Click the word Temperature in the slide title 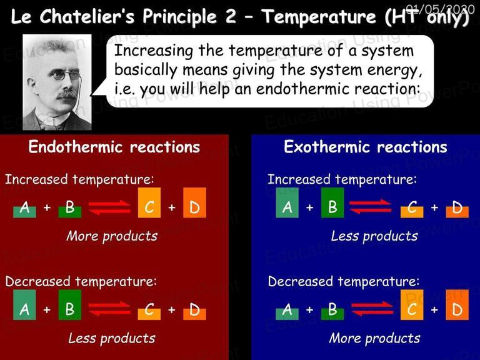point(318,16)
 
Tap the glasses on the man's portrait point(65,74)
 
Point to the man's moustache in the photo point(66,94)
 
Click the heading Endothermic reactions point(114,147)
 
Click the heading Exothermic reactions point(366,147)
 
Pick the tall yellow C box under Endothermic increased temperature point(149,202)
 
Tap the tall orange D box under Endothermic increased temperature point(195,202)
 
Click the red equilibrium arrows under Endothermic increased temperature point(109,207)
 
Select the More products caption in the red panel point(112,236)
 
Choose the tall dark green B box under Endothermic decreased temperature point(70,305)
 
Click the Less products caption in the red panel point(112,338)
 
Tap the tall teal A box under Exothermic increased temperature point(287,202)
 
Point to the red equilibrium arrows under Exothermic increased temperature point(371,207)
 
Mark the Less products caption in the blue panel point(374,236)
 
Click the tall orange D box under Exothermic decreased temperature point(457,305)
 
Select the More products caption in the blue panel point(375,338)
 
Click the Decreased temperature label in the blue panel point(344,282)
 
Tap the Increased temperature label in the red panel point(79,179)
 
